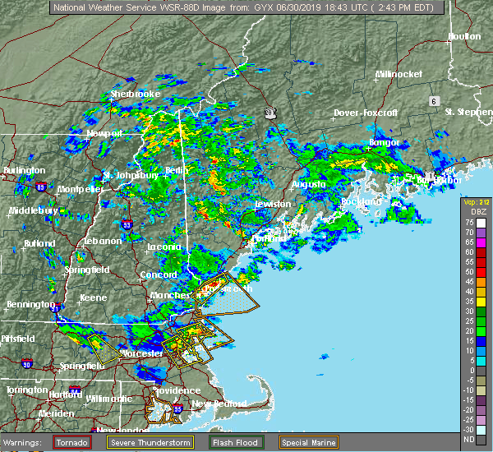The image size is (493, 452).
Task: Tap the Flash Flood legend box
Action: coord(233,442)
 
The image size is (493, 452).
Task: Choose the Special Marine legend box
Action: coord(308,442)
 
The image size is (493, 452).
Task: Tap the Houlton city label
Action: coord(464,37)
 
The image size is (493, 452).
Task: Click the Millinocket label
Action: coord(399,74)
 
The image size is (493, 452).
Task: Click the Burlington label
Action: coord(25,170)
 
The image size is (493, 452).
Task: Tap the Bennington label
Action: coord(26,305)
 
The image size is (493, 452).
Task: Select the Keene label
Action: coord(93,297)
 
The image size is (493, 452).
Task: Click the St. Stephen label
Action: coord(467,111)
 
